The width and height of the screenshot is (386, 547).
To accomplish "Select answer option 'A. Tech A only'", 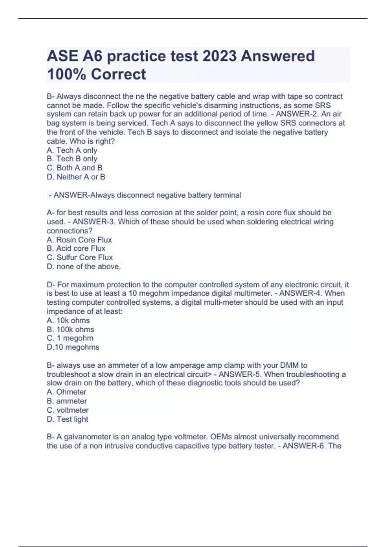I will coord(72,150).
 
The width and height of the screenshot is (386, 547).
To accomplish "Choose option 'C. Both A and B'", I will coord(74,168).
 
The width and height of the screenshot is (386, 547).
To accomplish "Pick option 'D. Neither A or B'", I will coord(76,177).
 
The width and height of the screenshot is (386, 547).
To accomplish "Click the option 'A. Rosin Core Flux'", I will coord(79,240).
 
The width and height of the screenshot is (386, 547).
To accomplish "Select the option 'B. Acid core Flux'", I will coord(76,248).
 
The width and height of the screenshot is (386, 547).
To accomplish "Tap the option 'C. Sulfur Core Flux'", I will coord(79,257).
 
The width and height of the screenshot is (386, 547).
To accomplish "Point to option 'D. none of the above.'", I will coord(84,266).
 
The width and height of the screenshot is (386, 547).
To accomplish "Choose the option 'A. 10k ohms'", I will coord(68,320).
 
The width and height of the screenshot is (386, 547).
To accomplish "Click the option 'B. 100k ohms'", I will coord(70,329).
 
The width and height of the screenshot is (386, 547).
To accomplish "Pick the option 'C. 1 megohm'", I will coord(70,338).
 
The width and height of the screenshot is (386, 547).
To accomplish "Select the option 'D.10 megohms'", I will coord(73,347).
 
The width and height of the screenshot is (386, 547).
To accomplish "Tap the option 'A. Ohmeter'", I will coord(67,392).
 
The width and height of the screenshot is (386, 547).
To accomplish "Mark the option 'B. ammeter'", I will coord(67,401).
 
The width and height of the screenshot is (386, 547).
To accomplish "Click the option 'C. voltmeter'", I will coord(68,410).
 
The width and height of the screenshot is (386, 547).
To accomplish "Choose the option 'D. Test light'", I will coord(67,419).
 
